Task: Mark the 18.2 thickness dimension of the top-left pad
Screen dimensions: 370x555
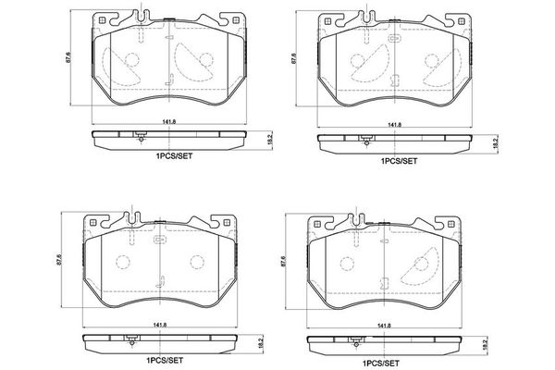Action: (x=267, y=140)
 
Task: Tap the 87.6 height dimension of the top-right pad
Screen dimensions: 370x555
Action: (x=294, y=57)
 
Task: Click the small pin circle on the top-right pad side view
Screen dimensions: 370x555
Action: (x=366, y=142)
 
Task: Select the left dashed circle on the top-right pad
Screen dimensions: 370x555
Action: (x=354, y=64)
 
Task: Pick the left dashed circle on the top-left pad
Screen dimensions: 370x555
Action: (x=131, y=64)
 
